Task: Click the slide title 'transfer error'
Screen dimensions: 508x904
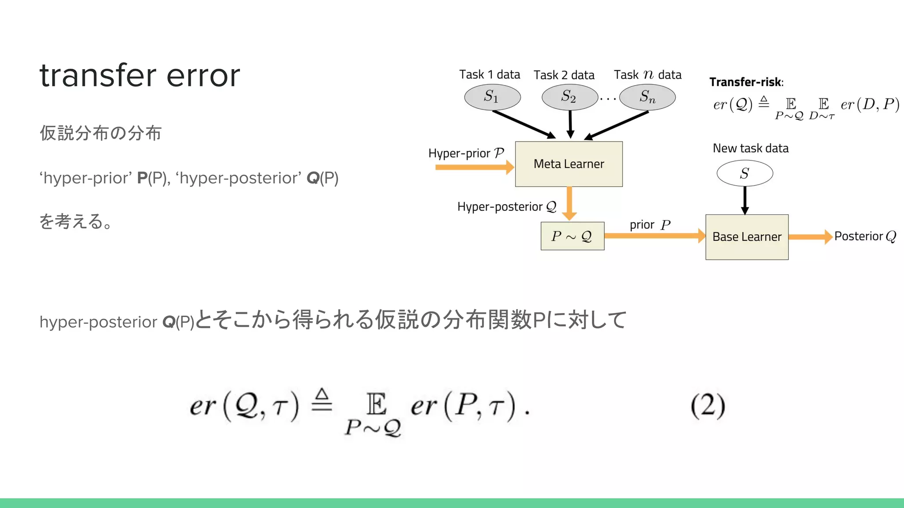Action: (139, 75)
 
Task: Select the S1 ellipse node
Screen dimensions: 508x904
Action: (492, 97)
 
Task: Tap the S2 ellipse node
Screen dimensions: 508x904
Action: (569, 97)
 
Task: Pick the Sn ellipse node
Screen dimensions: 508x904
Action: (647, 97)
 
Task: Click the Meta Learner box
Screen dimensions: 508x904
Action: (569, 164)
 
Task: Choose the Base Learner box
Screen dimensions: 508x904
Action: (747, 237)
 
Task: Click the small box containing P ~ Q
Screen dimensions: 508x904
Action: (572, 236)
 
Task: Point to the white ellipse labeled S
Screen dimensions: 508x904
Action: (745, 173)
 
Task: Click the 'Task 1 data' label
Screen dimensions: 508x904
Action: (490, 75)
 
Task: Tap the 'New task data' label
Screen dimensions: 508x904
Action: (750, 148)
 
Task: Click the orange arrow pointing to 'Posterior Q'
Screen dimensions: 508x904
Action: (810, 237)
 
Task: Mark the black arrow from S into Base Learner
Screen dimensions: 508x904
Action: (745, 200)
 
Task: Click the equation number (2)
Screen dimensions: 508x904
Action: (708, 405)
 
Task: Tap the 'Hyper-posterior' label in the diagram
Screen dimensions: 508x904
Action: (500, 207)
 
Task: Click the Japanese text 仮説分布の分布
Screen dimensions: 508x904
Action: (101, 133)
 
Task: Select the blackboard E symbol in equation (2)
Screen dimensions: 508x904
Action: (376, 404)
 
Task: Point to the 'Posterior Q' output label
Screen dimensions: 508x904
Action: (865, 236)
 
